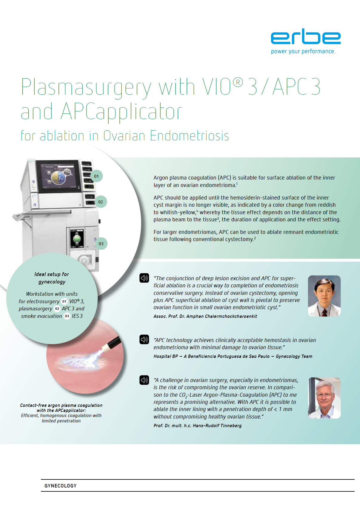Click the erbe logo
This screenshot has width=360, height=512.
(306, 36)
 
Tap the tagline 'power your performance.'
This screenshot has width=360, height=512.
(303, 51)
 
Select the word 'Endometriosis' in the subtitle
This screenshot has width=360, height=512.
(189, 136)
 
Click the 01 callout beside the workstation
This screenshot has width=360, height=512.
(96, 176)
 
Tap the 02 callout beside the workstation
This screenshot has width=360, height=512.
(101, 202)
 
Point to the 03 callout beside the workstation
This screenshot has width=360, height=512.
(101, 244)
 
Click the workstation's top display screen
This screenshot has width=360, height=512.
(59, 176)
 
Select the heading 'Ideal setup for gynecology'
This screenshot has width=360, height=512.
(52, 278)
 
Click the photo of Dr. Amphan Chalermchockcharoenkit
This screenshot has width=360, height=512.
(324, 296)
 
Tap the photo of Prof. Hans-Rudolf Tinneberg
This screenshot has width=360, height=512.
(324, 398)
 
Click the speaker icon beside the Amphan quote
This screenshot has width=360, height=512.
(144, 278)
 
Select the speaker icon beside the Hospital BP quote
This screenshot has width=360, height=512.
(144, 339)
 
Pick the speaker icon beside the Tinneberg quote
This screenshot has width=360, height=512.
(144, 380)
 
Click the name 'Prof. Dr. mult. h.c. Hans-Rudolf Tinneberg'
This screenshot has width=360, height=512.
(197, 426)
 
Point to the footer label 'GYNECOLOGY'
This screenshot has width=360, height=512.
(61, 486)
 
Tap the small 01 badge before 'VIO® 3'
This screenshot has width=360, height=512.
(64, 301)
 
